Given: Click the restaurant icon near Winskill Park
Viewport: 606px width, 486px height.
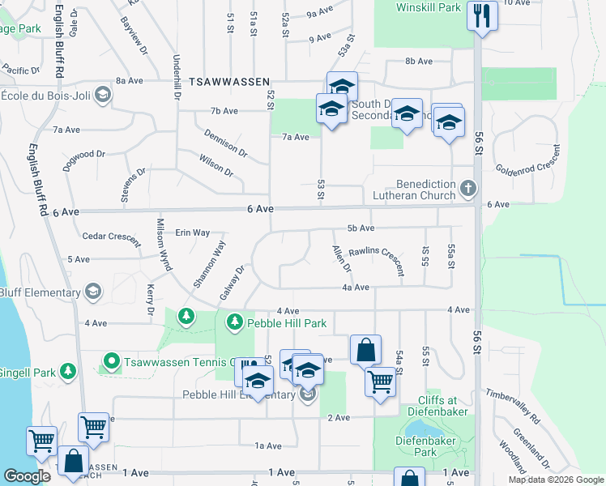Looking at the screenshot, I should [483, 15].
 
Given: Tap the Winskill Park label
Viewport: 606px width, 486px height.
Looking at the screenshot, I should [429, 7].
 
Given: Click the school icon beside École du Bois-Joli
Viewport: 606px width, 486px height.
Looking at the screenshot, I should [103, 96].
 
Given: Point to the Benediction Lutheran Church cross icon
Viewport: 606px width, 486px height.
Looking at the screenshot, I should [467, 190].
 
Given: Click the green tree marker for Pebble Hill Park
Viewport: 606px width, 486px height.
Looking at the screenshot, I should [235, 322].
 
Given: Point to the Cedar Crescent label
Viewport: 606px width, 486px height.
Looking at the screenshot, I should [112, 237].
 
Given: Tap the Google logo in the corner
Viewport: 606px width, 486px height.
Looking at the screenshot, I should [27, 475].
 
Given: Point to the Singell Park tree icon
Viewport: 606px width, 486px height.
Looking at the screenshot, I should [68, 371].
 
